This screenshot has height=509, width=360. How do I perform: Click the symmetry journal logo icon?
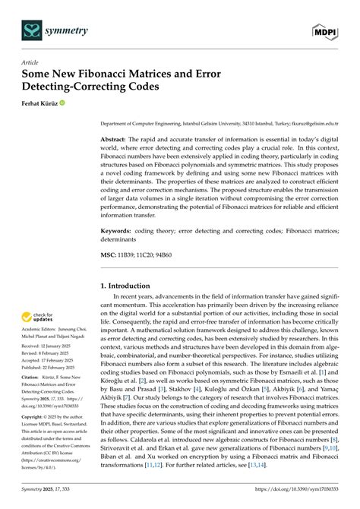click(31, 30)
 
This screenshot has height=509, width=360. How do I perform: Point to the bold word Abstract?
click(115, 141)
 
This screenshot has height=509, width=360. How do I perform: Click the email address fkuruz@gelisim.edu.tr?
click(317, 122)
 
